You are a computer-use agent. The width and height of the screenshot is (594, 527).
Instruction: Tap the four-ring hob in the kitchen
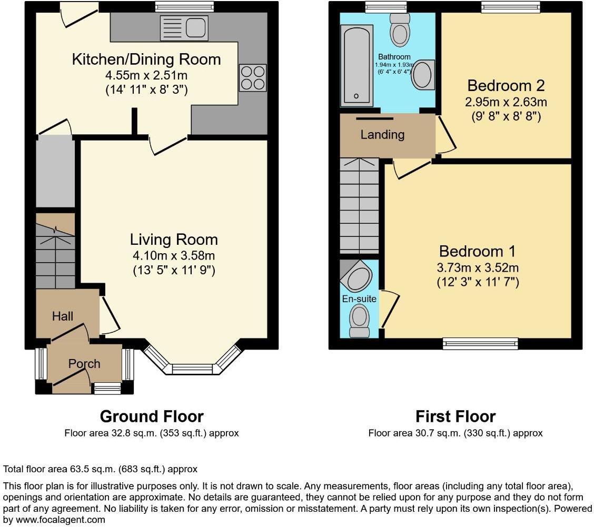[253, 77]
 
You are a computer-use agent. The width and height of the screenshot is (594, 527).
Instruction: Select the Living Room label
[174, 240]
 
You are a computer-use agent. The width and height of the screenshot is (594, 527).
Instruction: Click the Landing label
[382, 135]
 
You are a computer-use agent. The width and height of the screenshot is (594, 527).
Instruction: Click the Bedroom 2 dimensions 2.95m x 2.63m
[506, 102]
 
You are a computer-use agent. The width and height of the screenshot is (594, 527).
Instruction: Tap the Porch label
[84, 364]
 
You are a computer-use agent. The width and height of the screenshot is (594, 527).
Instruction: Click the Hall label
[63, 316]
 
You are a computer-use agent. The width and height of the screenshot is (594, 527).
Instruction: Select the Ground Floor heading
[152, 416]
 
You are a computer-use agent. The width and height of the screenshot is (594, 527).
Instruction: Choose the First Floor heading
[456, 416]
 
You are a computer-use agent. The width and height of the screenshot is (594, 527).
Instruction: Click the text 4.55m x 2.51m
[146, 75]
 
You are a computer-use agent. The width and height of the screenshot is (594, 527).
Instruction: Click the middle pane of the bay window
[192, 370]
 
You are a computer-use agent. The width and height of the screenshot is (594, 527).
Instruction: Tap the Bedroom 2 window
[510, 6]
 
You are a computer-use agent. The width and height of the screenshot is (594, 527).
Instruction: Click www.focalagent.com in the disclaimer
[54, 520]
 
